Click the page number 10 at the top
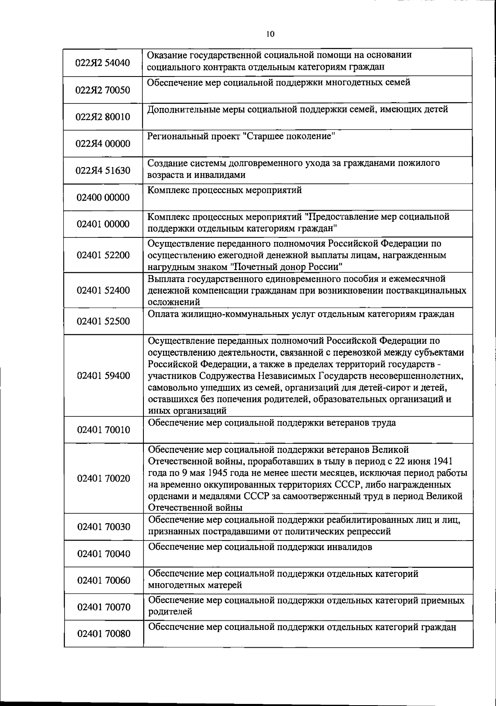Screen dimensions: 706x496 pyautogui.click(x=270, y=34)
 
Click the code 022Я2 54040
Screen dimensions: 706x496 pyautogui.click(x=103, y=63)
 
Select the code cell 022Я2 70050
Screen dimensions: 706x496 pyautogui.click(x=103, y=90)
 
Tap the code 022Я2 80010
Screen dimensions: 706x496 pyautogui.click(x=103, y=117)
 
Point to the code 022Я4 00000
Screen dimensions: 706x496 pyautogui.click(x=103, y=144)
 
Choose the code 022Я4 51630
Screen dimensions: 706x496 pyautogui.click(x=103, y=171)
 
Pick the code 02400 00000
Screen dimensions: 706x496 pyautogui.click(x=103, y=197)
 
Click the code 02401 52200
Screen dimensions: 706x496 pyautogui.click(x=103, y=255)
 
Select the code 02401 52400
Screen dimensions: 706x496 pyautogui.click(x=103, y=290)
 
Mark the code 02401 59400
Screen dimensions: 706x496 pyautogui.click(x=103, y=376)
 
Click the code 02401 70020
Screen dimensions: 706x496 pyautogui.click(x=103, y=479)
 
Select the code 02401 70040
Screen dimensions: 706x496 pyautogui.click(x=103, y=554)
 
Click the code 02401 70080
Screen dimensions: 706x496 pyautogui.click(x=103, y=634)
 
